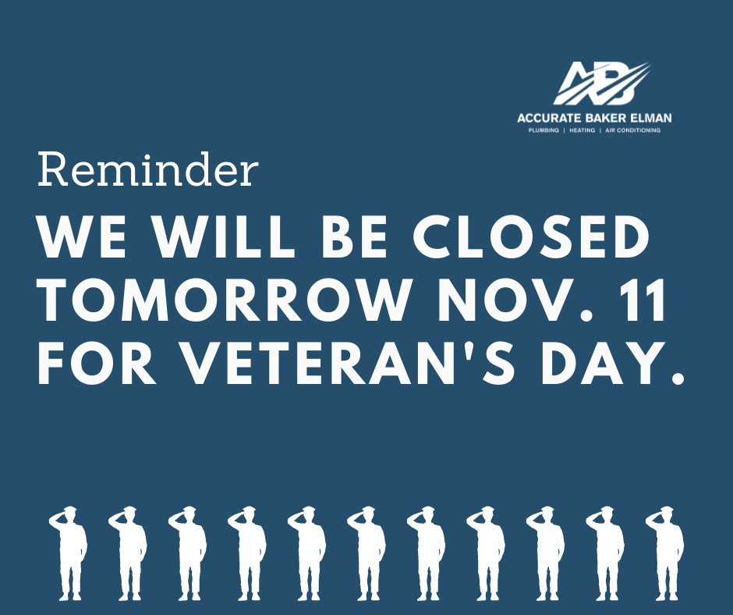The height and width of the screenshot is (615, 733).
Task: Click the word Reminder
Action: tap(147, 169)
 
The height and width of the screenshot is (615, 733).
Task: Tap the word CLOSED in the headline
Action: tap(532, 237)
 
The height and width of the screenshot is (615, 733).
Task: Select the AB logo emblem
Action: tap(601, 84)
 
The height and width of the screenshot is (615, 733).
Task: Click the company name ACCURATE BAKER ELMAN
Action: tap(594, 118)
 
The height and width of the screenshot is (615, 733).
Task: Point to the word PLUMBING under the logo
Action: tap(544, 130)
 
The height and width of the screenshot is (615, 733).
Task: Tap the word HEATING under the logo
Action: tap(582, 130)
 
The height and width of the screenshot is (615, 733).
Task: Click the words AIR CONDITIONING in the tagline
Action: tap(632, 130)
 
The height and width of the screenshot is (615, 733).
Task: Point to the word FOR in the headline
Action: tap(97, 363)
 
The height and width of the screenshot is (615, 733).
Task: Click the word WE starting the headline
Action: tap(82, 237)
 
